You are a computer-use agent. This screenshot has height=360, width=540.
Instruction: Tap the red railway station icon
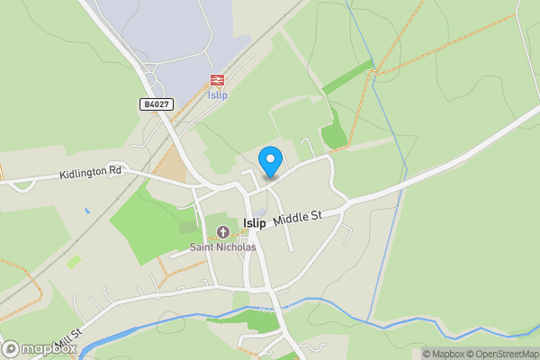pyautogui.click(x=217, y=80)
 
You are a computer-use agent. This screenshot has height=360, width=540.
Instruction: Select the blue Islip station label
pyautogui.click(x=217, y=95)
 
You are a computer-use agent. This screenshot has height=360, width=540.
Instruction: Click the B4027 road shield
pyautogui.click(x=156, y=104)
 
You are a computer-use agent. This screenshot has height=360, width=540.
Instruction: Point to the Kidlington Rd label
pyautogui.click(x=90, y=172)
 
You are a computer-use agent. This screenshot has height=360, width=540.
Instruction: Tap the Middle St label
pyautogui.click(x=297, y=219)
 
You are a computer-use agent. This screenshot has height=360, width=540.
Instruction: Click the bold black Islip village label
pyautogui.click(x=255, y=223)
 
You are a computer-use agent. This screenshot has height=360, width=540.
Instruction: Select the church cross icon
pyautogui.click(x=222, y=232)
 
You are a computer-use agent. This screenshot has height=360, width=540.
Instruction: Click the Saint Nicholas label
pyautogui.click(x=222, y=247)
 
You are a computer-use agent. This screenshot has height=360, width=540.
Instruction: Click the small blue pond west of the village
pyautogui.click(x=87, y=211)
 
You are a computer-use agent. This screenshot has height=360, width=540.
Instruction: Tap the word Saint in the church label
pyautogui.click(x=202, y=247)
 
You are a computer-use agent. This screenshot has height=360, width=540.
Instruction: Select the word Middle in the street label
pyautogui.click(x=290, y=220)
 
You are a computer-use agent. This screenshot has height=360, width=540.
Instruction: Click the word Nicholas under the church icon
pyautogui.click(x=237, y=247)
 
